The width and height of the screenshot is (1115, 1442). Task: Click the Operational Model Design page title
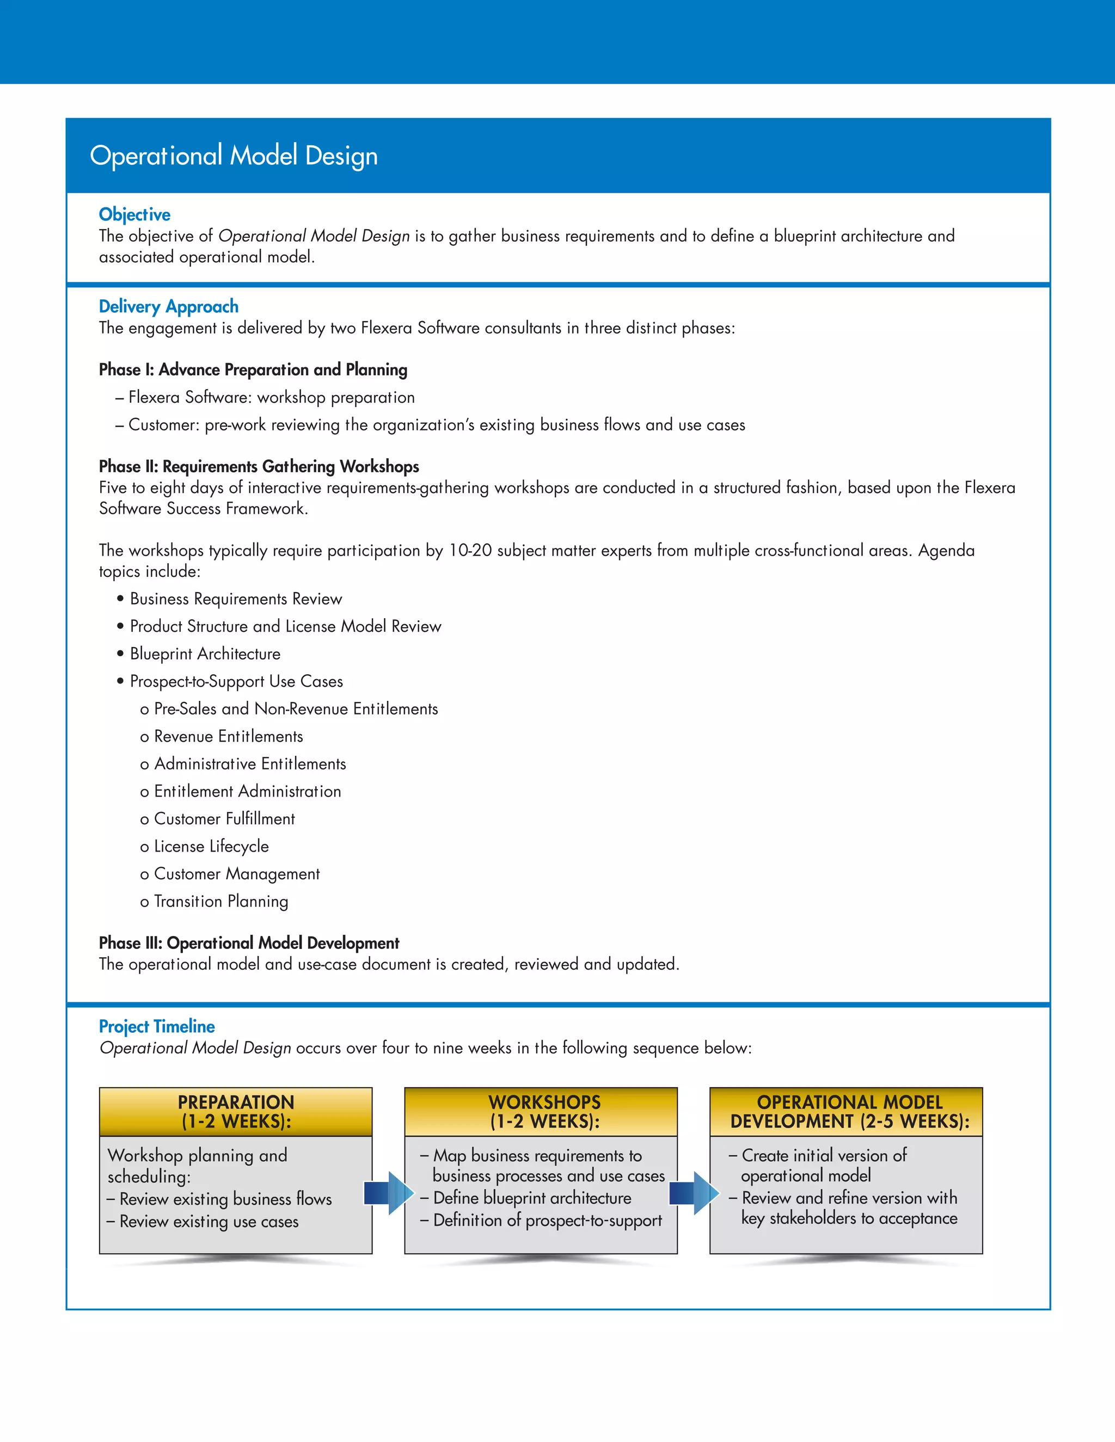[x=234, y=156]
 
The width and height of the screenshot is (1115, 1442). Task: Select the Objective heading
[x=135, y=214]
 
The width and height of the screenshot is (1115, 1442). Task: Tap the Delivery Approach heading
[x=168, y=306]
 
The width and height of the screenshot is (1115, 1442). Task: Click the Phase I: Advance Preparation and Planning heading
[x=253, y=369]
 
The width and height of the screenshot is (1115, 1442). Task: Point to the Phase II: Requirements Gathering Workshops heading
[x=259, y=467]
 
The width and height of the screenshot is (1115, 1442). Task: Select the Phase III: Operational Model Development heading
[x=249, y=943]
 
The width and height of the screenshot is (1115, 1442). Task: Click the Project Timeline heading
[x=157, y=1026]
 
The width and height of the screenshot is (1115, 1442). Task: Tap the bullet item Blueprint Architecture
[x=205, y=654]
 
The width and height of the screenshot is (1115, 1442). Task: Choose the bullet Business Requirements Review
[x=236, y=599]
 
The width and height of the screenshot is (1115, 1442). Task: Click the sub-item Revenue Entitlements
[x=228, y=736]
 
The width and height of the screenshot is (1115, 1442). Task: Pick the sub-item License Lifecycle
[x=211, y=847]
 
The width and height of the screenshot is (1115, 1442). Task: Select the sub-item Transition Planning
[x=220, y=901]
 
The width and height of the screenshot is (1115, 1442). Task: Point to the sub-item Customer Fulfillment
[x=224, y=819]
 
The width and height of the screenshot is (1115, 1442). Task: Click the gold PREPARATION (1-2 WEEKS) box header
[x=236, y=1112]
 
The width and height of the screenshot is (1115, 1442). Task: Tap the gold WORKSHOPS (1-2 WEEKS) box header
[x=544, y=1112]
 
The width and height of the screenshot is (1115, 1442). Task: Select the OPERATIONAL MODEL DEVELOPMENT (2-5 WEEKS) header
[x=849, y=1112]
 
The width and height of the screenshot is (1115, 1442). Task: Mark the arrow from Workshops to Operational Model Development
[x=694, y=1192]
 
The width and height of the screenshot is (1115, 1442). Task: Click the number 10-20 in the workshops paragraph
[x=470, y=551]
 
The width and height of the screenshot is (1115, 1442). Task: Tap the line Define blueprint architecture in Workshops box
[x=532, y=1198]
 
